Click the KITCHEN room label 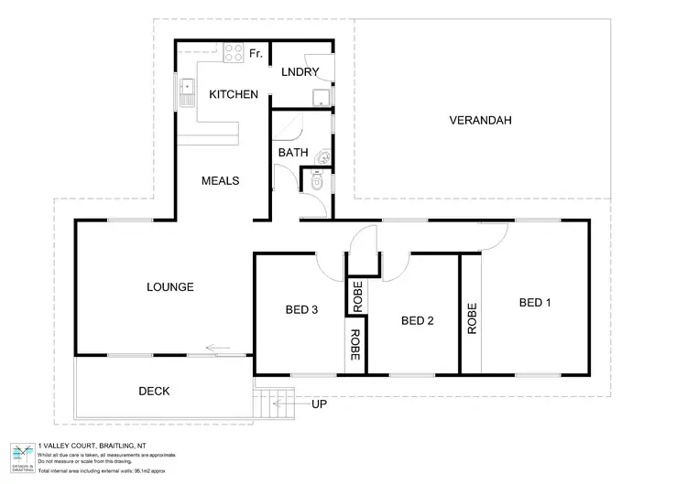click(x=234, y=94)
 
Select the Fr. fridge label click(x=256, y=54)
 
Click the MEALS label click(x=220, y=181)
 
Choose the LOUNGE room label click(x=169, y=287)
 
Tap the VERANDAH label click(x=479, y=121)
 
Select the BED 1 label click(x=535, y=302)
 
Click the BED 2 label click(x=417, y=320)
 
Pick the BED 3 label click(x=301, y=310)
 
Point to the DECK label click(x=155, y=391)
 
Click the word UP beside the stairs click(x=319, y=403)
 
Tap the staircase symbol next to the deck click(x=274, y=401)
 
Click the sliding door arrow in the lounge click(x=218, y=348)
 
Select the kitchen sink click(x=189, y=89)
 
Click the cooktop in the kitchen click(x=230, y=52)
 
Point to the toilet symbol click(x=318, y=181)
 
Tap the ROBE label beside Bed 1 click(x=473, y=318)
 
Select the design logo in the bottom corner click(x=21, y=455)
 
